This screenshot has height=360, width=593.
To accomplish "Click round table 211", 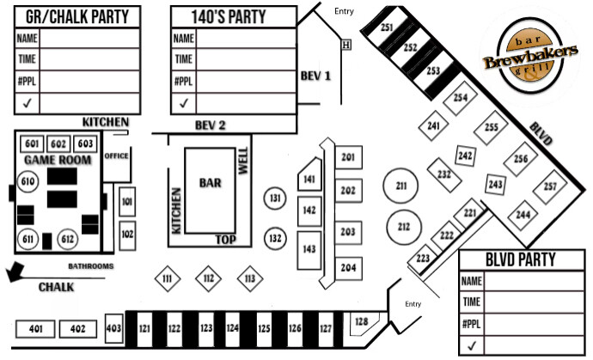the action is tap(400, 186).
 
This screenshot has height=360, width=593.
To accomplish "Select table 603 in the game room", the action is tap(85, 143).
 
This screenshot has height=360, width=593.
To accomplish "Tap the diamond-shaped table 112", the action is tap(208, 278).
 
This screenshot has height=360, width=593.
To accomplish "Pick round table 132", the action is tap(275, 239).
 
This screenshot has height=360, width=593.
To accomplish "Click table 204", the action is tap(348, 268).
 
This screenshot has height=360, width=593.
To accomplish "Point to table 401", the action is tap(35, 328).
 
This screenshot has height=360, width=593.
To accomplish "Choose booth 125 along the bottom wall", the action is tap(264, 328).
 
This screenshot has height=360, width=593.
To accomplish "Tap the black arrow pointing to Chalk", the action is tap(15, 272).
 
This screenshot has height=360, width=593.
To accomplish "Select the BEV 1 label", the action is tap(315, 76).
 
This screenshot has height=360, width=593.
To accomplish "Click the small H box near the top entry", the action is tap(346, 45).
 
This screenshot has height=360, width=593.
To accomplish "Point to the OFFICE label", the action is tap(116, 156).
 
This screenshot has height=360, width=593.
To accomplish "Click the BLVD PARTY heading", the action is tap(521, 259).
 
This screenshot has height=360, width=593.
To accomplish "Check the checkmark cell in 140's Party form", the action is tap(184, 103).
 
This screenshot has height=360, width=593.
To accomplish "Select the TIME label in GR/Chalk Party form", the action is tap(27, 59).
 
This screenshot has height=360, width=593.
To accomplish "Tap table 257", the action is tap(550, 186).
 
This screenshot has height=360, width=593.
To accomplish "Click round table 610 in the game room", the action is tap(28, 182).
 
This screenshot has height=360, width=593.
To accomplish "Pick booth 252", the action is tap(410, 47).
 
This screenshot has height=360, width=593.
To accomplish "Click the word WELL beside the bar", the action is tap(243, 161).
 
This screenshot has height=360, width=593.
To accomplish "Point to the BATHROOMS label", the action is tap(91, 266).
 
